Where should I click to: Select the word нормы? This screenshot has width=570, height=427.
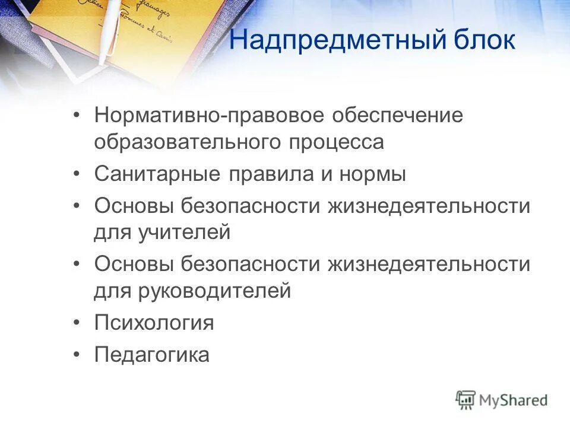373,174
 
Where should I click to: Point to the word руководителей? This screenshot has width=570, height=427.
216,291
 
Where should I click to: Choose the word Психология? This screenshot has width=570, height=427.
154,323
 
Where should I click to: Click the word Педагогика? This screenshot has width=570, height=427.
151,355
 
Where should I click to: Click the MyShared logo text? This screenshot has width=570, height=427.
514,400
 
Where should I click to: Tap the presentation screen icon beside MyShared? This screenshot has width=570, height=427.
465,400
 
